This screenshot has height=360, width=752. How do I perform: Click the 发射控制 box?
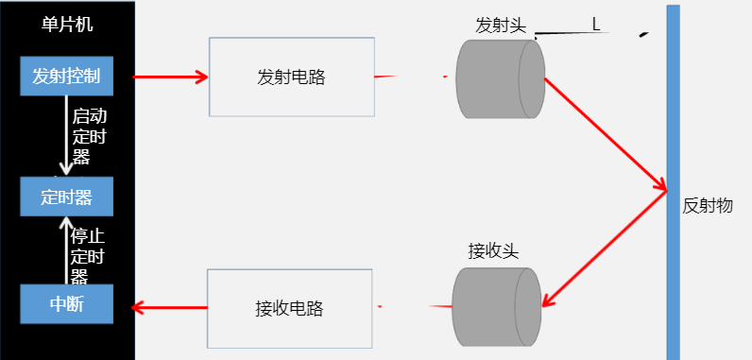click(x=67, y=77)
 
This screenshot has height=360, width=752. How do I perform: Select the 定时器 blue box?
click(x=67, y=197)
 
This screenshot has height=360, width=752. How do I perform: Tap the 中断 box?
click(x=67, y=304)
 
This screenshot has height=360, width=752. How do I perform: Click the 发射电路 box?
click(x=291, y=77)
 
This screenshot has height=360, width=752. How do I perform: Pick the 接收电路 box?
click(x=290, y=308)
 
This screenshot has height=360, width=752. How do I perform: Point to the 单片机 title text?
click(x=67, y=24)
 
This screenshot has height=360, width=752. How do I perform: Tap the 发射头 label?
click(x=500, y=26)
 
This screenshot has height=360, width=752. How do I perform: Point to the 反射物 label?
click(x=708, y=206)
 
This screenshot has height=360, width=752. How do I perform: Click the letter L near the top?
click(x=596, y=24)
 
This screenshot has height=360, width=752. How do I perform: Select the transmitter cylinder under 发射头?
click(x=500, y=78)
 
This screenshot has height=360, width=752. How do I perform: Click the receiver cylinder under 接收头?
click(x=495, y=306)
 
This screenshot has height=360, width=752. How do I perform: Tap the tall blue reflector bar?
click(x=673, y=180)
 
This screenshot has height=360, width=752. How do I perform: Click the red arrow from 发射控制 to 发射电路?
click(x=170, y=77)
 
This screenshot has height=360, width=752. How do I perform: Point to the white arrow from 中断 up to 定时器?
click(x=66, y=249)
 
